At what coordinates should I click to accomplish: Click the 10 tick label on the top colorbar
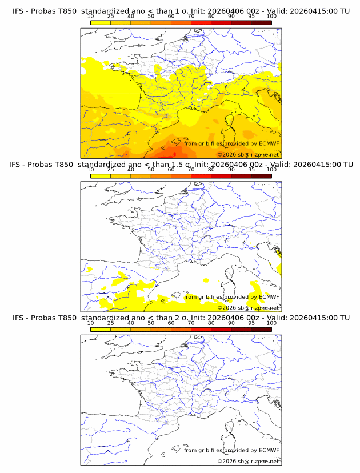tap(90, 16)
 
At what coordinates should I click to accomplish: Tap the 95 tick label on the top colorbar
tap(251, 16)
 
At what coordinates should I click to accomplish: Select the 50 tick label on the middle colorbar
tap(151, 169)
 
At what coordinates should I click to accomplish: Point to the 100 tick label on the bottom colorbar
tap(271, 323)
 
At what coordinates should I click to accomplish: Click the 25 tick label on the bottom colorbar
tap(110, 323)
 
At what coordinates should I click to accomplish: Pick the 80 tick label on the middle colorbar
tap(211, 169)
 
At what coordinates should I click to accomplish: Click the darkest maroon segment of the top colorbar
tap(261, 22)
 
